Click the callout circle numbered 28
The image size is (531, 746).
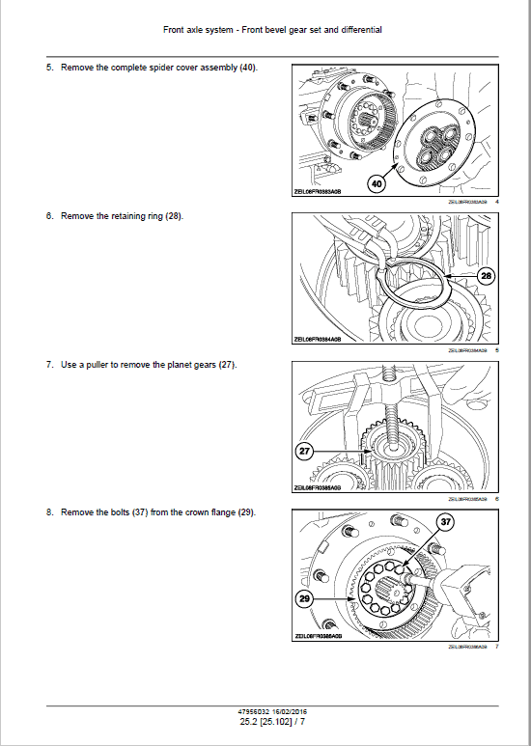coord(486,276)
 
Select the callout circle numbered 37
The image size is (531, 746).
coord(447,522)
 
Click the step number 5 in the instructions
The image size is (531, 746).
coord(48,68)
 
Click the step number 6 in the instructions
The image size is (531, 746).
coord(48,215)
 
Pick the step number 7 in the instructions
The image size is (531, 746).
coord(48,364)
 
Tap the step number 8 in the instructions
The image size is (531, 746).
coord(48,511)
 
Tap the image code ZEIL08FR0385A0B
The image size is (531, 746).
coord(319,487)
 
